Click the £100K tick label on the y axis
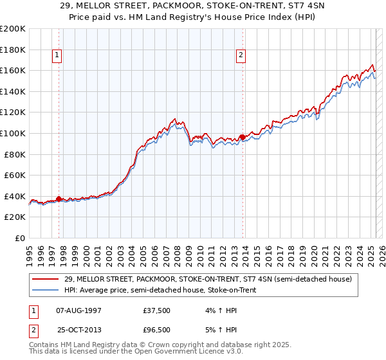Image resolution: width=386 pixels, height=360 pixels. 12,133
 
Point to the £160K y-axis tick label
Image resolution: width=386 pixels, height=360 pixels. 12,70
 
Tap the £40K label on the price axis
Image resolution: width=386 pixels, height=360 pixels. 15,196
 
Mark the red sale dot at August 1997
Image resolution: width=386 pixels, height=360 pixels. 59,199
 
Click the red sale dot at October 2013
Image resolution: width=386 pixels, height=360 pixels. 242,137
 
